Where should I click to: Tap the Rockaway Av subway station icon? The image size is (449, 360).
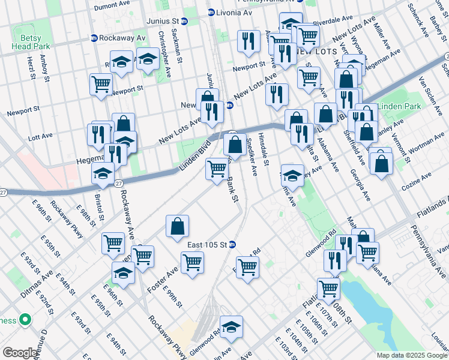[x=94, y=38]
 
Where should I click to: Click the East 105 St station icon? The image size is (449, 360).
[x=232, y=244]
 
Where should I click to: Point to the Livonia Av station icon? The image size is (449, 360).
[x=211, y=12]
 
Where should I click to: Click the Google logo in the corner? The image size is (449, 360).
[x=20, y=353]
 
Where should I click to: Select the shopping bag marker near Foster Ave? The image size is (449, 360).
[x=178, y=227]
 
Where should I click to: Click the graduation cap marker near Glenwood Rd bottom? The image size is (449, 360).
[x=231, y=327]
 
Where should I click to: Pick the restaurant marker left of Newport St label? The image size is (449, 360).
[x=247, y=41]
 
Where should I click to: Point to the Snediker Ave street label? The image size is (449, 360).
[x=252, y=155]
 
